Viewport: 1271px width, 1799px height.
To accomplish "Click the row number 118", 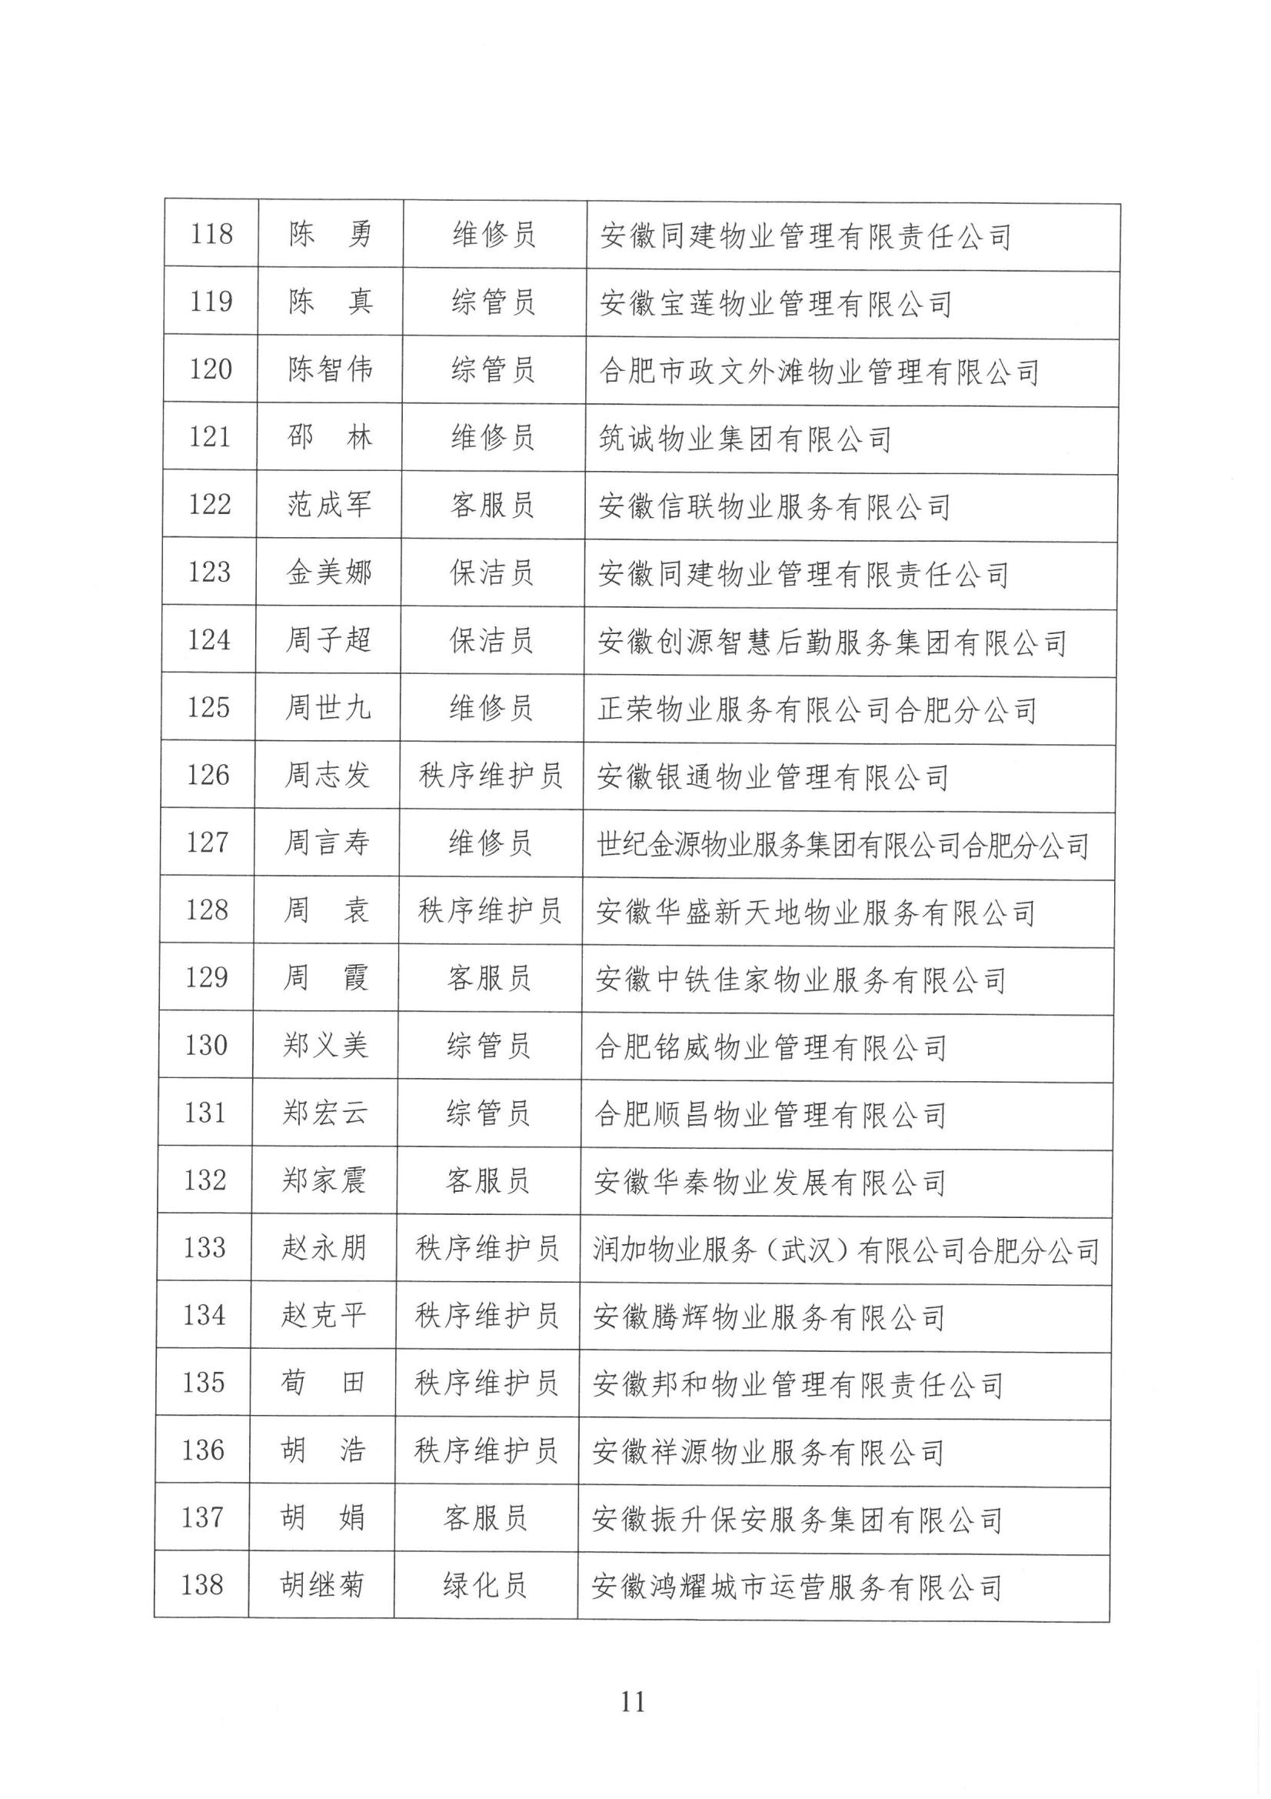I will [x=211, y=233].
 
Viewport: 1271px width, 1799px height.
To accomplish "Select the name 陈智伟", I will [x=330, y=369].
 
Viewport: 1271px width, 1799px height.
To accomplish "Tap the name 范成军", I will [x=329, y=504].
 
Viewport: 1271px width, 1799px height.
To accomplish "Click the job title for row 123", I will [x=492, y=572].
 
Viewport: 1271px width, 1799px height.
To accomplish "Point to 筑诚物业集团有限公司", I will [x=745, y=439].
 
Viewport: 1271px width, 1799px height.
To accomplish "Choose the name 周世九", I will [x=328, y=708].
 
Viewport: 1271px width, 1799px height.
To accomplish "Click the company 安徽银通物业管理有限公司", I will [x=772, y=776].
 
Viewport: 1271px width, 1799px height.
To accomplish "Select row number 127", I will [x=208, y=843].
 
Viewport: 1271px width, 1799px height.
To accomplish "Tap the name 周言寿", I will [x=327, y=843].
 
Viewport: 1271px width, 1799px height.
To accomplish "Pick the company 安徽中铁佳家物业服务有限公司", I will [x=800, y=980].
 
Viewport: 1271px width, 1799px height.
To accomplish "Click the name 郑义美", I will [x=325, y=1045].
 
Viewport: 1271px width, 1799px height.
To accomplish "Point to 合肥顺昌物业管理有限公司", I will [x=770, y=1114].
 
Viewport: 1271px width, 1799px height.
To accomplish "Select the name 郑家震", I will [x=324, y=1180].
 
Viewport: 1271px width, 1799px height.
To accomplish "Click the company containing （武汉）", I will [x=846, y=1250].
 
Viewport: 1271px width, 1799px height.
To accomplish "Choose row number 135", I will [x=204, y=1382].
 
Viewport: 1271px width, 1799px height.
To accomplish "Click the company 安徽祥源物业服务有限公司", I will [x=768, y=1452].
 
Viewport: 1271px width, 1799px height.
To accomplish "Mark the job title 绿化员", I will [x=484, y=1586].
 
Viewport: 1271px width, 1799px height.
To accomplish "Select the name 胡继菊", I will [x=322, y=1586].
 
